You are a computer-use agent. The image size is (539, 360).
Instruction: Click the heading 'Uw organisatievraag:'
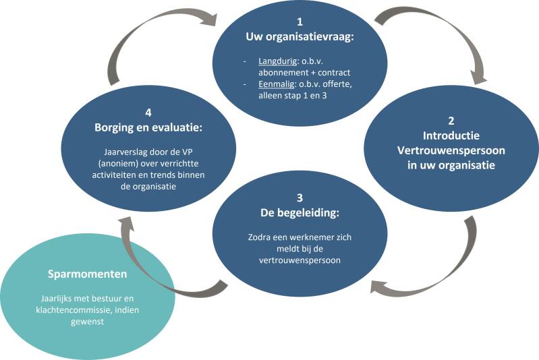(301, 36)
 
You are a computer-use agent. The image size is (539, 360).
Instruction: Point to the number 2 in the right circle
(451, 121)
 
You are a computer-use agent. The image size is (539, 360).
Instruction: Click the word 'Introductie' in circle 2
(451, 136)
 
